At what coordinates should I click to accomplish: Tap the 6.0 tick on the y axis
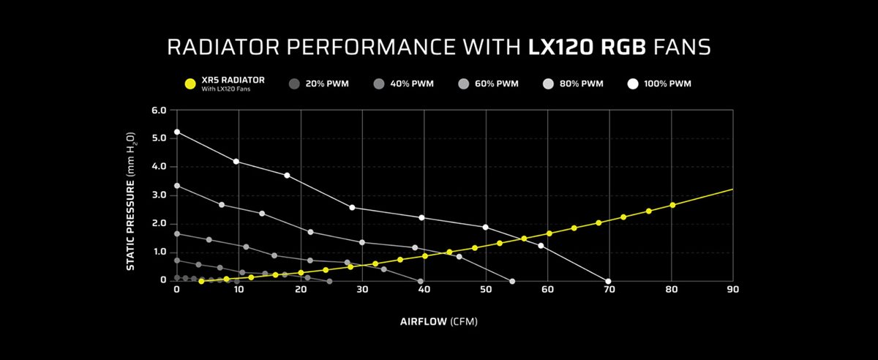pyautogui.click(x=159, y=110)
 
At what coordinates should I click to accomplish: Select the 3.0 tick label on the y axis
pyautogui.click(x=159, y=195)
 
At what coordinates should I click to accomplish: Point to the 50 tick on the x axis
pyautogui.click(x=486, y=290)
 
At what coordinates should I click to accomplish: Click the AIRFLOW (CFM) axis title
pyautogui.click(x=439, y=321)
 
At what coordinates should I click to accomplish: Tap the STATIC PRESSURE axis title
pyautogui.click(x=130, y=201)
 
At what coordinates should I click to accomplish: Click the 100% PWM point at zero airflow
pyautogui.click(x=177, y=132)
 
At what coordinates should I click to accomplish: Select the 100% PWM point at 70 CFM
pyautogui.click(x=608, y=281)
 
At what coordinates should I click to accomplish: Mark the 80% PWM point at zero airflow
pyautogui.click(x=177, y=186)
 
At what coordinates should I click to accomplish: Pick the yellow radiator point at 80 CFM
pyautogui.click(x=672, y=205)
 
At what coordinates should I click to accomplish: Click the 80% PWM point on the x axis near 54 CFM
pyautogui.click(x=511, y=281)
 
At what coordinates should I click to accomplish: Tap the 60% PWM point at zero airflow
pyautogui.click(x=177, y=234)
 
